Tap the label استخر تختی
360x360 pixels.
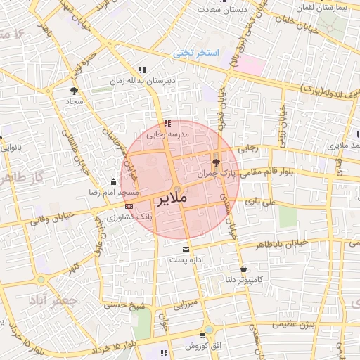pyautogui.click(x=198, y=53)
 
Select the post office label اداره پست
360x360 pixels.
pyautogui.click(x=186, y=259)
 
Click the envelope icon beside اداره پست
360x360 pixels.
pyautogui.click(x=186, y=250)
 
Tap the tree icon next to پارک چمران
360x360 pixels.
pyautogui.click(x=215, y=162)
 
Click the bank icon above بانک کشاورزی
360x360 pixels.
pyautogui.click(x=128, y=206)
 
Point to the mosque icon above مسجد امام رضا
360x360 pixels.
pyautogui.click(x=114, y=182)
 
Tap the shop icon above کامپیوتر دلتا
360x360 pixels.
pyautogui.click(x=243, y=269)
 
